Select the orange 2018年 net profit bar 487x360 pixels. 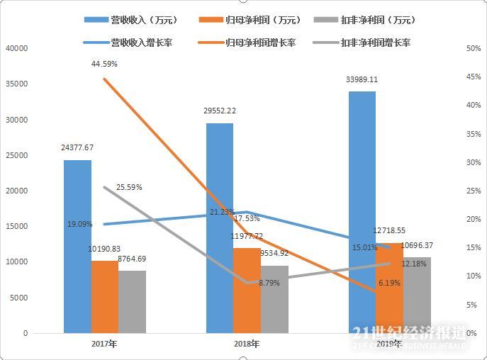pyautogui.click(x=247, y=290)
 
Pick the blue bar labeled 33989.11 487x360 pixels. pyautogui.click(x=362, y=212)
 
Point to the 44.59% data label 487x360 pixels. pyautogui.click(x=104, y=64)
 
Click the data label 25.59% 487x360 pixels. pyautogui.click(x=130, y=188)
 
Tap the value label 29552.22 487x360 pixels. pyautogui.click(x=220, y=111)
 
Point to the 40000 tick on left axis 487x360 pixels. pyautogui.click(x=16, y=48)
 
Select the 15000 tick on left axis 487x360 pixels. pyautogui.click(x=16, y=226)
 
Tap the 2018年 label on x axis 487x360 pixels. pyautogui.click(x=246, y=344)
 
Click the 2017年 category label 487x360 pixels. pyautogui.click(x=104, y=344)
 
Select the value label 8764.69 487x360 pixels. pyautogui.click(x=132, y=259)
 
